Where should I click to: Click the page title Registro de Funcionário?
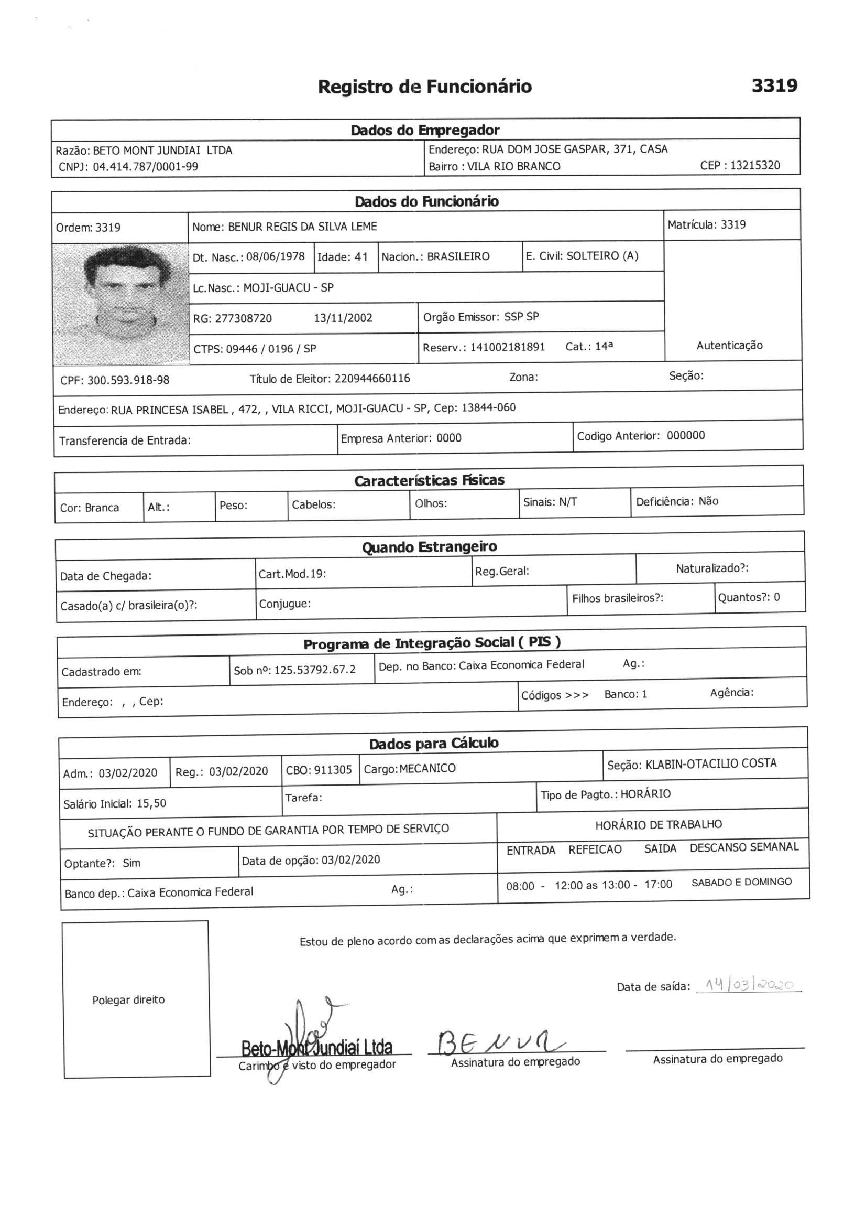click(425, 87)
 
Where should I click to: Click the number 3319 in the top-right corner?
click(774, 85)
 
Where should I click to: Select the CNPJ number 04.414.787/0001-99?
click(145, 167)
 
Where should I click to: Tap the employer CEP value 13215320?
click(754, 165)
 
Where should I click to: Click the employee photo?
click(121, 304)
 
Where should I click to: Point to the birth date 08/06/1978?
click(276, 257)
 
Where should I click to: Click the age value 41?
click(361, 257)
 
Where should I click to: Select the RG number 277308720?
click(243, 319)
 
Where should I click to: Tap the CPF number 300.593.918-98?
click(128, 380)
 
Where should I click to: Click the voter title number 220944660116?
click(372, 379)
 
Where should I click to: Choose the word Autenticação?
click(729, 346)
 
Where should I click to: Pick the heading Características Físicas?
click(429, 480)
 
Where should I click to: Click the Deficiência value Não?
click(708, 501)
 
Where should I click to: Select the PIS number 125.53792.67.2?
click(315, 670)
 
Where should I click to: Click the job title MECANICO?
click(427, 768)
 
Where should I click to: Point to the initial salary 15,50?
click(151, 804)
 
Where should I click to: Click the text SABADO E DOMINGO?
click(741, 882)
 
